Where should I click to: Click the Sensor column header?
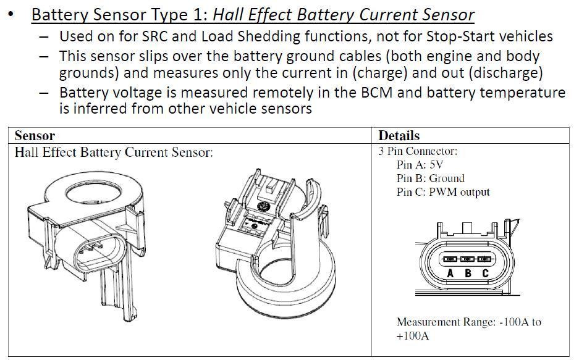[35, 135]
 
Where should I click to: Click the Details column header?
[399, 135]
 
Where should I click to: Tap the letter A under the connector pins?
[450, 274]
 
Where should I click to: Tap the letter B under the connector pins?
[468, 274]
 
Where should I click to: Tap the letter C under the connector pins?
[485, 274]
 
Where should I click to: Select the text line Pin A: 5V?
[420, 165]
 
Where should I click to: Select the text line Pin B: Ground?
[430, 178]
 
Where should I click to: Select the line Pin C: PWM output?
[442, 192]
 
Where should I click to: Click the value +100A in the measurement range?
[413, 337]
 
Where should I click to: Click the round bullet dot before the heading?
[11, 14]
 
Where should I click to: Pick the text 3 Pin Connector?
[418, 151]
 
